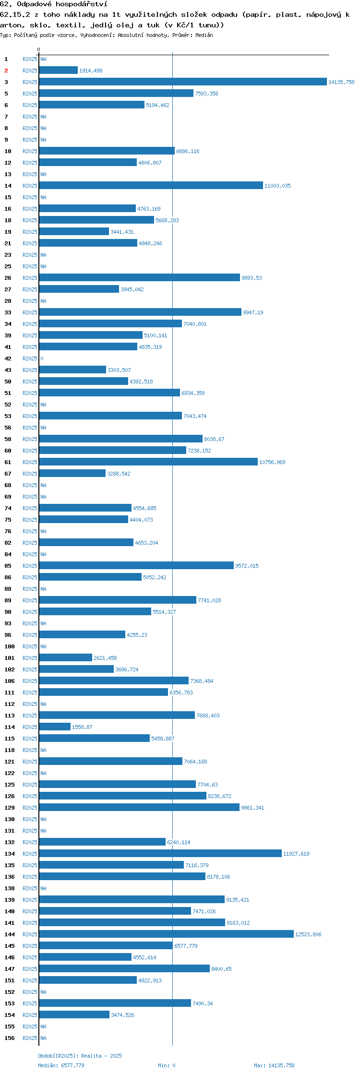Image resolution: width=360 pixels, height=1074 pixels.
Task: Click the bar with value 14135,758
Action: point(183,82)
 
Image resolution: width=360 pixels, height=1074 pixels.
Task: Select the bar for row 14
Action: point(151,186)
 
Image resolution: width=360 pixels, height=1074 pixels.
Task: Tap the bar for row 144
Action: point(167,934)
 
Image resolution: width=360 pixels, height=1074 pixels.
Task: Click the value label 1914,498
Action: point(91,71)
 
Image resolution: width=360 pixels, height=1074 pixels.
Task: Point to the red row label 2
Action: point(6,71)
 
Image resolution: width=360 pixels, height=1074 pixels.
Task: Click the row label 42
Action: point(8,358)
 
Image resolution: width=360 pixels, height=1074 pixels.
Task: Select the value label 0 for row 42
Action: point(42,358)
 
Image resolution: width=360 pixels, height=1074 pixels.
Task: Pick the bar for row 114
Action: point(55,727)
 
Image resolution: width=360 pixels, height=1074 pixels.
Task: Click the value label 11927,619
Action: point(296,854)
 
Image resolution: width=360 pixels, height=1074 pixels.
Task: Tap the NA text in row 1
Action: point(43,59)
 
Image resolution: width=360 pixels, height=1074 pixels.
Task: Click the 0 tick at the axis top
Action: point(39,49)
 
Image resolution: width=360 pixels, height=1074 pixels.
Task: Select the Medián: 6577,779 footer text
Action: point(61,1065)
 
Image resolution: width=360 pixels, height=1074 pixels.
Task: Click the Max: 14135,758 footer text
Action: point(274,1065)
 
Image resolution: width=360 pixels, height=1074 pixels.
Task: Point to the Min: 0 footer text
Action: point(167,1065)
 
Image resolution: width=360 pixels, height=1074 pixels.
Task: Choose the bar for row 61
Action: point(148,462)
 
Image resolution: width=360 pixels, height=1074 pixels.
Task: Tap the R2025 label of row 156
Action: point(30,1038)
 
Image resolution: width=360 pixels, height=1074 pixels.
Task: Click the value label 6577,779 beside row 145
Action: point(186,946)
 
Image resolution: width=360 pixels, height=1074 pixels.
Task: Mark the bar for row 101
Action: point(66,658)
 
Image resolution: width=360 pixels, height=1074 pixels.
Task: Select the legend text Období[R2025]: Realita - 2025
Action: point(80,1056)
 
